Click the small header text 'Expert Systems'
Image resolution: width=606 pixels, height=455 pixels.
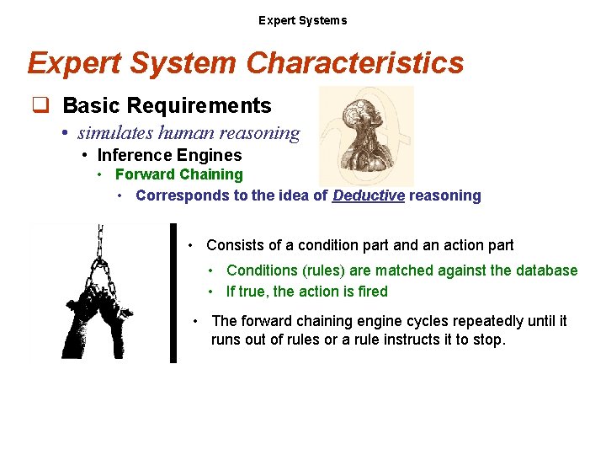click(x=302, y=20)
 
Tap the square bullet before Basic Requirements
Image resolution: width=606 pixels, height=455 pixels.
click(x=39, y=106)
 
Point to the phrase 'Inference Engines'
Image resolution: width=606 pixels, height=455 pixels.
click(x=169, y=155)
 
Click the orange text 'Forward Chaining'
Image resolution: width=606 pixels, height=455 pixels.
click(x=178, y=174)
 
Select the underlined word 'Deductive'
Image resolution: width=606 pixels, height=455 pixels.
click(x=369, y=195)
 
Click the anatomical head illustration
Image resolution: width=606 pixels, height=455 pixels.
click(x=366, y=135)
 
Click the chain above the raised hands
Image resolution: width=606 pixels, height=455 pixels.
click(x=100, y=244)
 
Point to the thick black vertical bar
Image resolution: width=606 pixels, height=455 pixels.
click(x=173, y=292)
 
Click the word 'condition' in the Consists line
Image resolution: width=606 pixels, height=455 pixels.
click(x=330, y=245)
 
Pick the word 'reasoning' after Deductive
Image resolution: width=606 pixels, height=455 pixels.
click(x=445, y=195)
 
